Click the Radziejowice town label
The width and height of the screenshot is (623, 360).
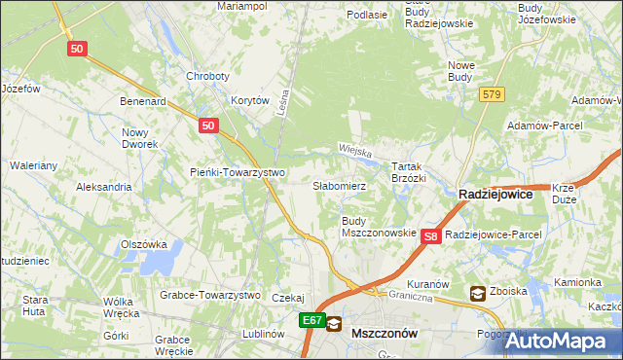tap(495, 194)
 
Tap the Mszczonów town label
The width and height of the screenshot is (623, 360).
tap(384, 332)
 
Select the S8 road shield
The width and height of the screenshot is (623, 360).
tap(432, 234)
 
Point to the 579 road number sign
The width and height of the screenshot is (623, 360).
tap(491, 93)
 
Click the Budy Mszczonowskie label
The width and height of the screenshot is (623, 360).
tap(379, 227)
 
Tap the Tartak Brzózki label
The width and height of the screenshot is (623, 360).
tap(408, 172)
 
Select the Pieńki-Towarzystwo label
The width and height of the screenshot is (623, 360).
tap(237, 172)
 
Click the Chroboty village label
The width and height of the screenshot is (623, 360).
tap(207, 76)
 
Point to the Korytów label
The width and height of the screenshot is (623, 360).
tap(249, 99)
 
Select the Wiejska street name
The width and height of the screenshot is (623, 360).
tap(357, 150)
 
